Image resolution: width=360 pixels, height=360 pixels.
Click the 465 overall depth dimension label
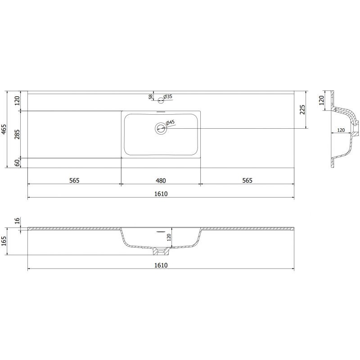tap(4, 129)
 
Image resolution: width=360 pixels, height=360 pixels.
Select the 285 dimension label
tap(17, 134)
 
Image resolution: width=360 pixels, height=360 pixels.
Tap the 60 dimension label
tap(17, 163)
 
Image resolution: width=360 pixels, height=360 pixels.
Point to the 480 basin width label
tap(161, 181)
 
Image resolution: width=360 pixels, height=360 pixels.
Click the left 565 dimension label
tap(74, 180)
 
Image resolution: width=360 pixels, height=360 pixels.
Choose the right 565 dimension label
tap(247, 180)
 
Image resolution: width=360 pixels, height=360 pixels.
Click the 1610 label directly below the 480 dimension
tap(161, 194)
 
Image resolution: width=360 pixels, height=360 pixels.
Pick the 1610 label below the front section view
tap(161, 265)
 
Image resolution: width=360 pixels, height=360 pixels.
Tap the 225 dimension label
tap(302, 109)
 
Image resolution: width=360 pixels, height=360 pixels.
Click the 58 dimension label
tap(151, 97)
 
